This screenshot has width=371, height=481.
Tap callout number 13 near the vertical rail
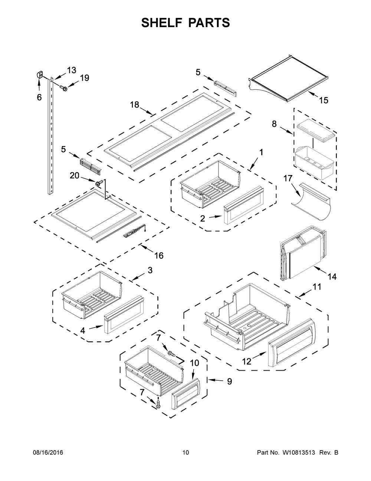(71, 70)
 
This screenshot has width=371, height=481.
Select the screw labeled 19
(63, 88)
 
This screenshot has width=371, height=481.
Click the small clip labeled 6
(39, 74)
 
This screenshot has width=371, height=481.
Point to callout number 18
(134, 104)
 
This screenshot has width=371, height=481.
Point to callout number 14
(332, 277)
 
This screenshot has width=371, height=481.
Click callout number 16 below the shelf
(159, 255)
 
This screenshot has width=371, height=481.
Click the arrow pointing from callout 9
(215, 380)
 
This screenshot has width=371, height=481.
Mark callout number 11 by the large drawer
(317, 287)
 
